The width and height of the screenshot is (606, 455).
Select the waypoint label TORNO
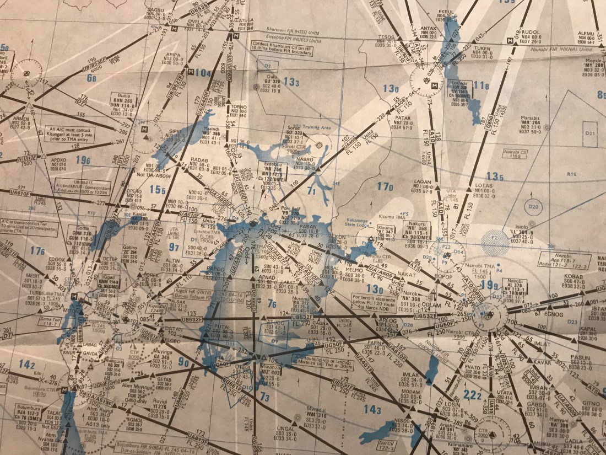pyautogui.click(x=238, y=106)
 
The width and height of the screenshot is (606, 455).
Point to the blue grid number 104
pyautogui.click(x=203, y=73)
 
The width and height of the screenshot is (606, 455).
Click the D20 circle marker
pyautogui.click(x=533, y=207)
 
